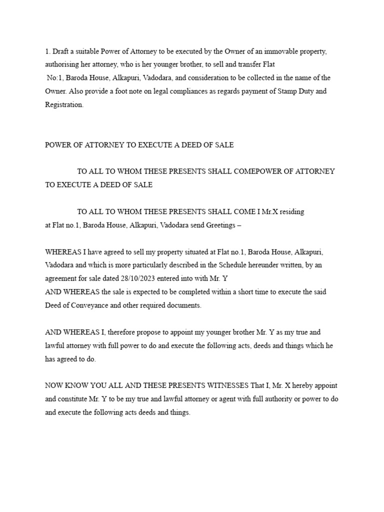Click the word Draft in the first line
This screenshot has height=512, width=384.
coord(61,51)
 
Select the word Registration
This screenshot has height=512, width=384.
coord(64,105)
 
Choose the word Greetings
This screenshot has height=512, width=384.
coord(219,225)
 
